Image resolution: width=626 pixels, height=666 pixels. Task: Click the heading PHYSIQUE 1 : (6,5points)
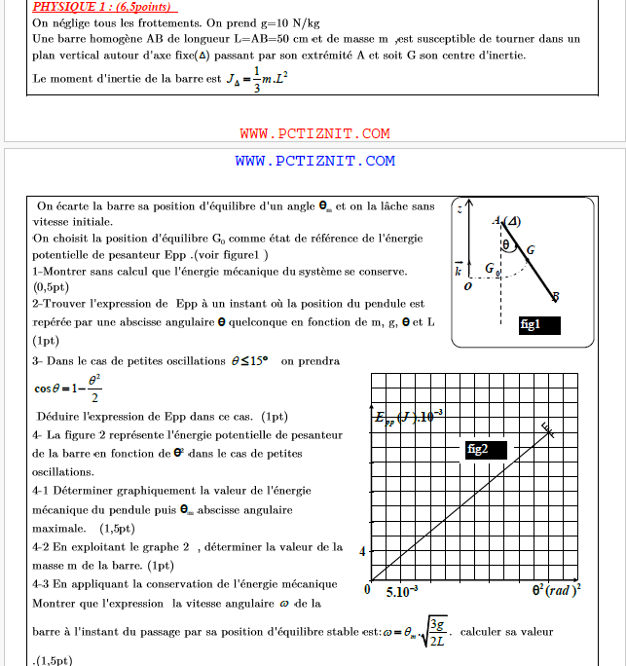pyautogui.click(x=104, y=7)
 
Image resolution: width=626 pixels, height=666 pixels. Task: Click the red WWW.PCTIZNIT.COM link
pyautogui.click(x=314, y=133)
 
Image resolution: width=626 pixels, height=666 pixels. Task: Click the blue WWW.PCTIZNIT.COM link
pyautogui.click(x=314, y=161)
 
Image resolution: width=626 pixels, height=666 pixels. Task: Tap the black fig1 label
pyautogui.click(x=532, y=324)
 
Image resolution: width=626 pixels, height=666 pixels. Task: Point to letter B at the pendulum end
pyautogui.click(x=555, y=297)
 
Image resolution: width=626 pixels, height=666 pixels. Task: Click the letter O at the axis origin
pyautogui.click(x=469, y=287)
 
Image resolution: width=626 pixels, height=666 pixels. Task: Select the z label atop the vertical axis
pyautogui.click(x=459, y=208)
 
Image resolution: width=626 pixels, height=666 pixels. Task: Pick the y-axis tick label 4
pyautogui.click(x=362, y=551)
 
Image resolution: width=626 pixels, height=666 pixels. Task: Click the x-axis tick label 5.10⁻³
pyautogui.click(x=402, y=591)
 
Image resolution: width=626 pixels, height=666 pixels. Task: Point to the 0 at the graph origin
pyautogui.click(x=367, y=589)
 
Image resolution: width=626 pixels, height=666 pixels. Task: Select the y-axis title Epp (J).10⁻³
pyautogui.click(x=409, y=417)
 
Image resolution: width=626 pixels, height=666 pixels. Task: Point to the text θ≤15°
pyautogui.click(x=249, y=361)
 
